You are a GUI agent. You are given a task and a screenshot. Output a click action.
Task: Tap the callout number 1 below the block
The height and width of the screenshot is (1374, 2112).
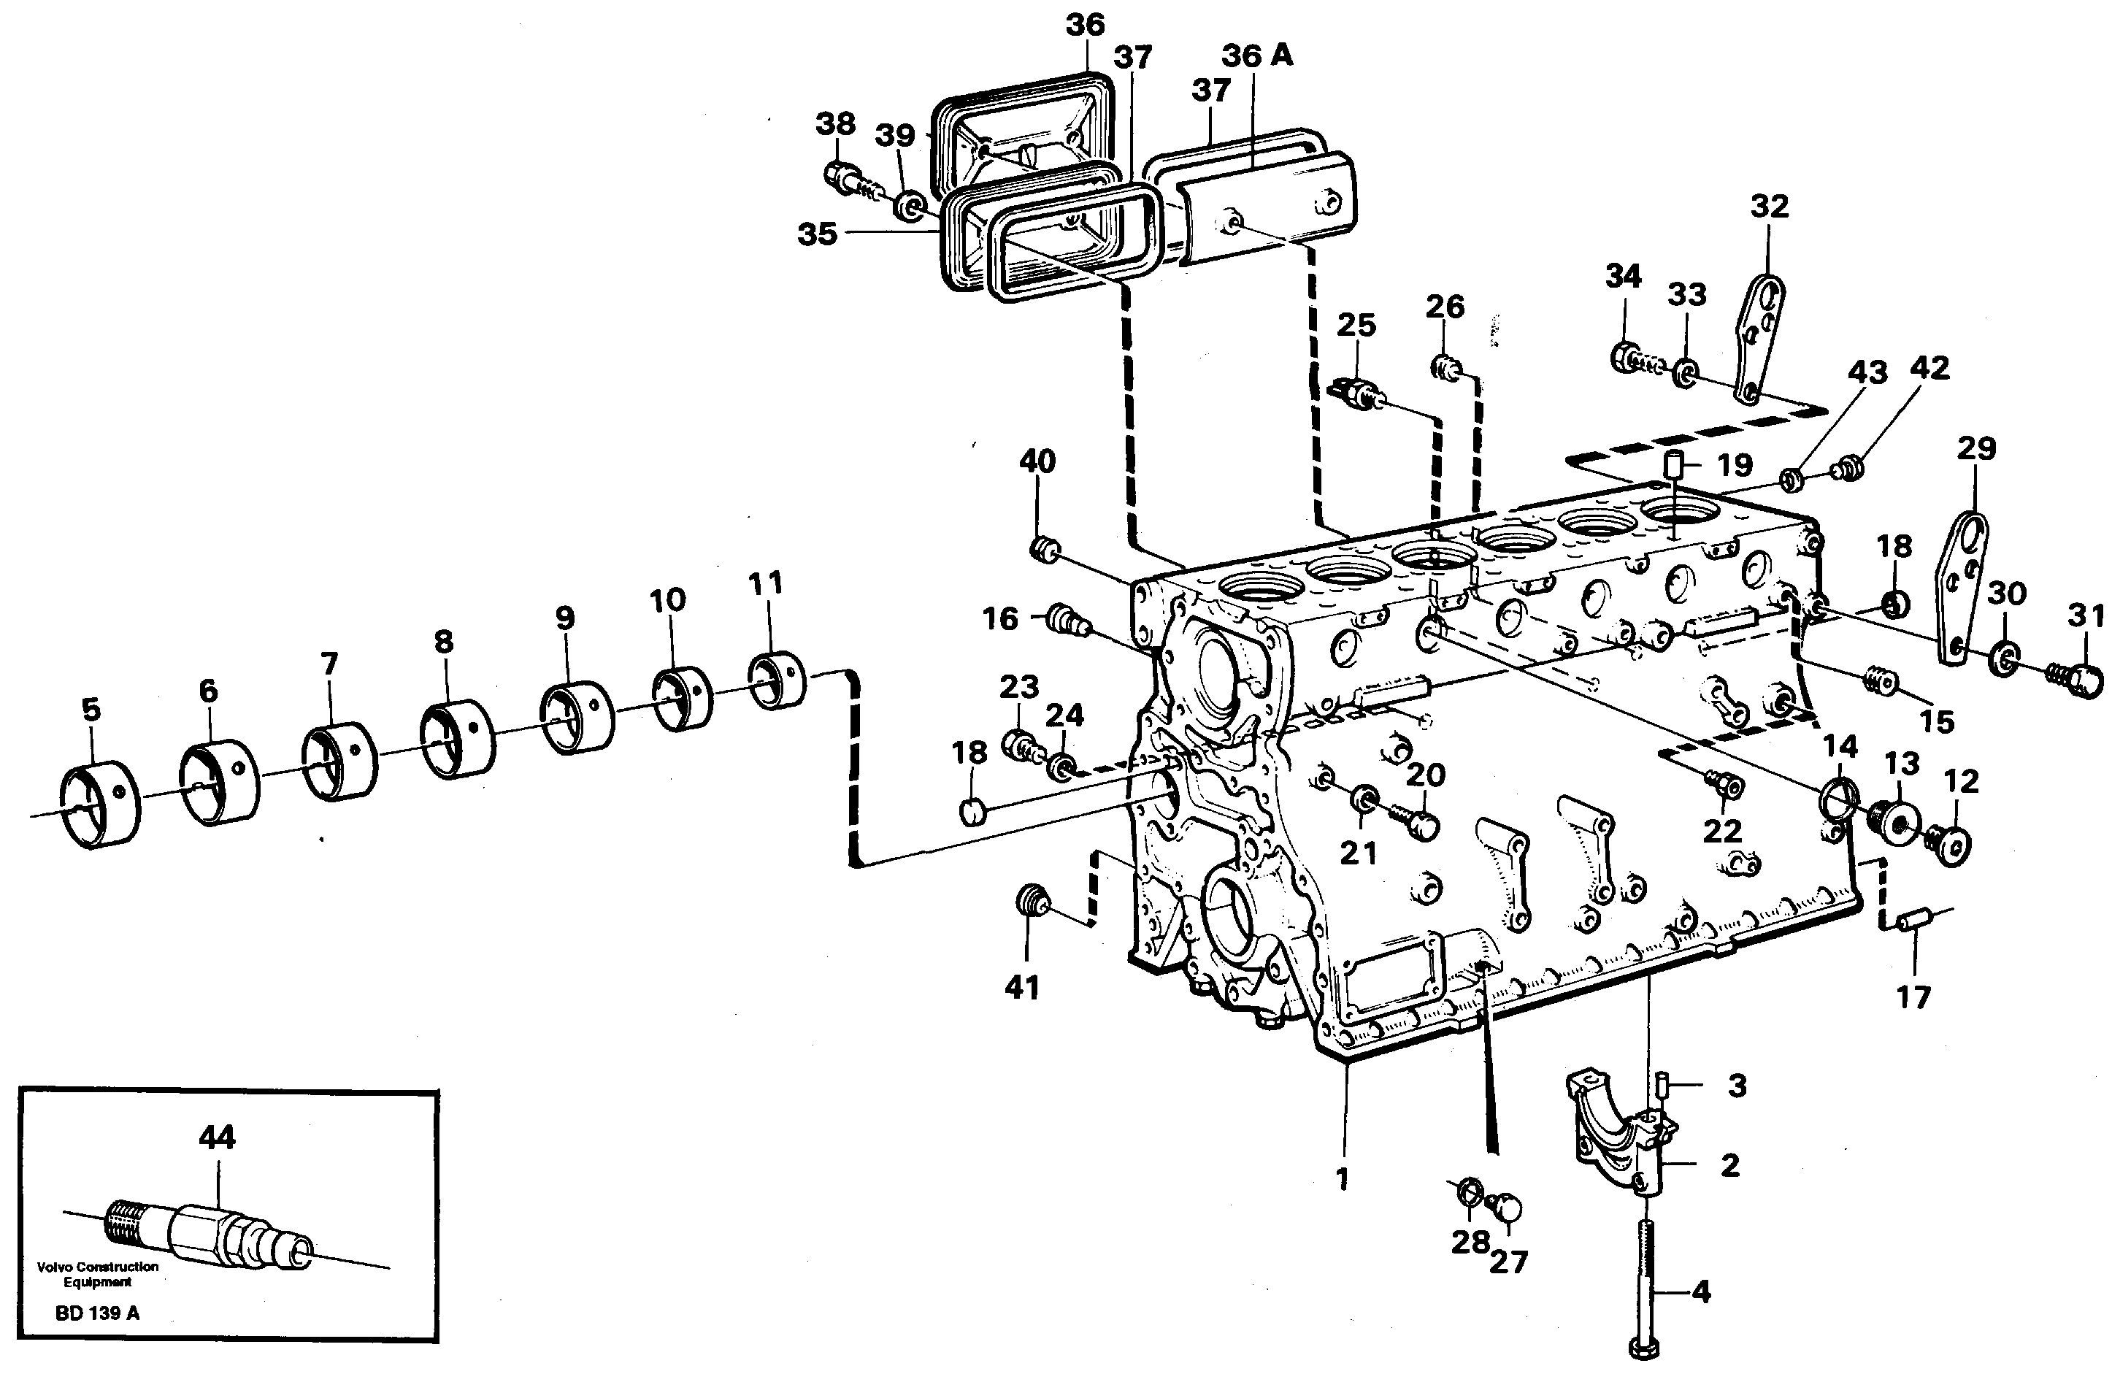1342,1179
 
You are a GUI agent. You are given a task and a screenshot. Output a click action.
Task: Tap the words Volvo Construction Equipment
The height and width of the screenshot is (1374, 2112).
98,1274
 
